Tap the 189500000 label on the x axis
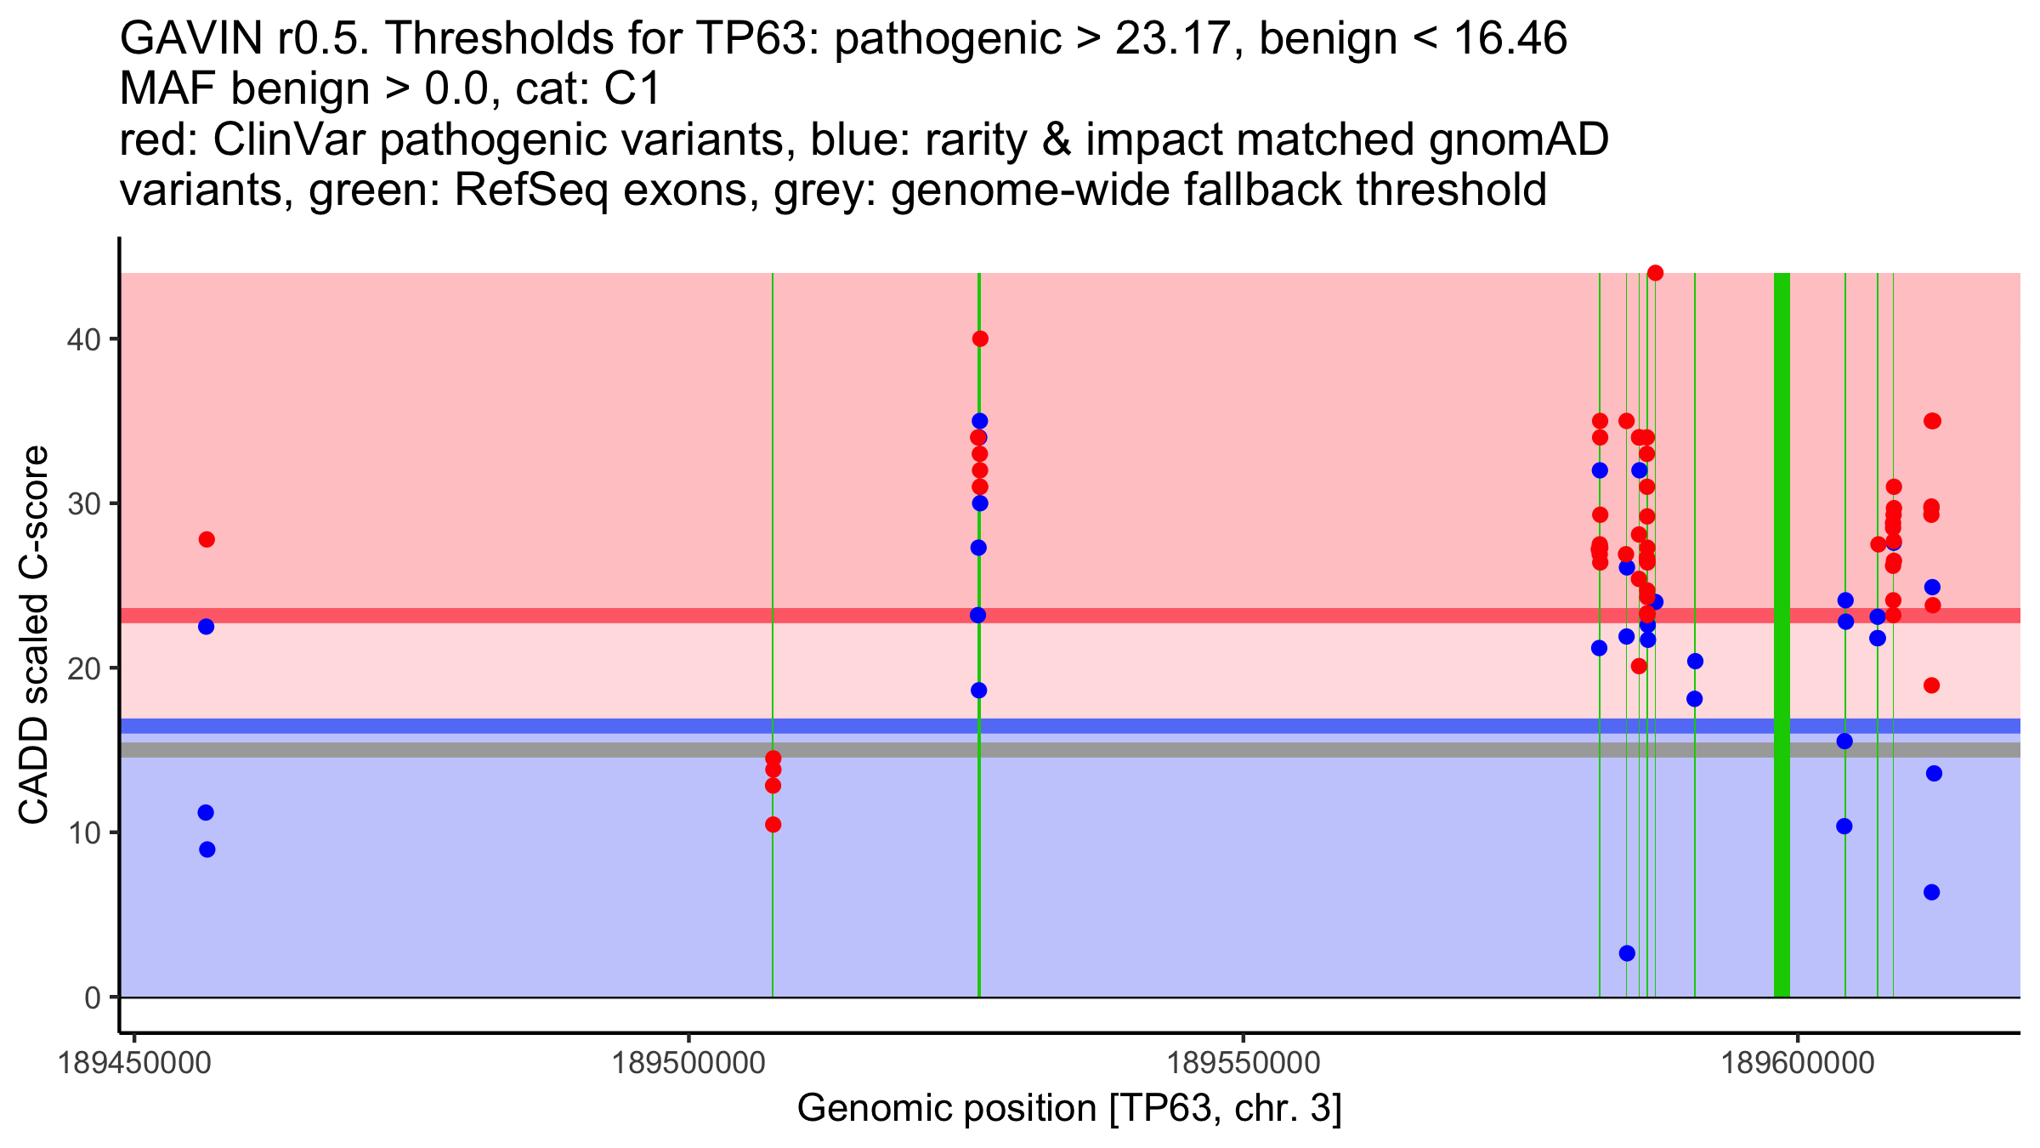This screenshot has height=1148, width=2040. pos(688,1063)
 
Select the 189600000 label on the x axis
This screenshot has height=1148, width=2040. pos(1798,1063)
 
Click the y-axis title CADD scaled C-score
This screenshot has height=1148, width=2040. pos(34,635)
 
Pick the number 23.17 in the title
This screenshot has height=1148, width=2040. pos(1170,39)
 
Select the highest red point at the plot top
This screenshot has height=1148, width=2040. pos(1655,273)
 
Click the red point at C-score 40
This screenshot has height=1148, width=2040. pos(980,339)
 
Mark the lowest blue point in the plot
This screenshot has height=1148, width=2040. pos(1627,953)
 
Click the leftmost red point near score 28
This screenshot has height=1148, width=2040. pos(207,540)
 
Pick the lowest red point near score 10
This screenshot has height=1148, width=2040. pos(773,825)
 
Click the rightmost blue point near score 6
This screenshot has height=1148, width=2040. pos(1932,892)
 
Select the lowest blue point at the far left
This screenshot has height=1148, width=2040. pos(207,850)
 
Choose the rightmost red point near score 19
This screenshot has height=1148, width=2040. pos(1932,685)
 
